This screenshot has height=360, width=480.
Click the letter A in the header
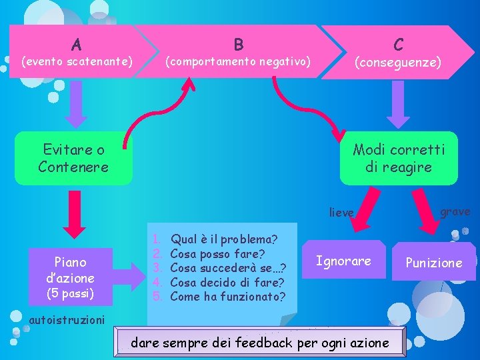[x=77, y=45]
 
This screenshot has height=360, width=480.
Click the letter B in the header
[x=238, y=45]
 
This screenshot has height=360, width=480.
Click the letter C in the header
[x=398, y=45]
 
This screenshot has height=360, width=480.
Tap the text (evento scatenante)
[x=77, y=62]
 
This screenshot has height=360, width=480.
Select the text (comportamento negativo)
[x=238, y=61]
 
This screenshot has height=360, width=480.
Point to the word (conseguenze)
[x=398, y=62]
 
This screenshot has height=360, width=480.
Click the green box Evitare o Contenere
[x=73, y=159]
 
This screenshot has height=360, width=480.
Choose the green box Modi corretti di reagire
[x=399, y=159]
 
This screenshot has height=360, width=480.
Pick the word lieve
[x=341, y=213]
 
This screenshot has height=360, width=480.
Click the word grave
[x=455, y=211]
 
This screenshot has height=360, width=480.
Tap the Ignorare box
[x=343, y=261]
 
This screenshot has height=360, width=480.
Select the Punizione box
[x=434, y=263]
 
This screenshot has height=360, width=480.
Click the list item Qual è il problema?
[x=224, y=239]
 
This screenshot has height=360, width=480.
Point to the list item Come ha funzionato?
[x=227, y=297]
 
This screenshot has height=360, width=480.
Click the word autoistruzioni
[x=67, y=319]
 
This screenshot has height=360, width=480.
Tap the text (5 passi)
[x=70, y=293]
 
